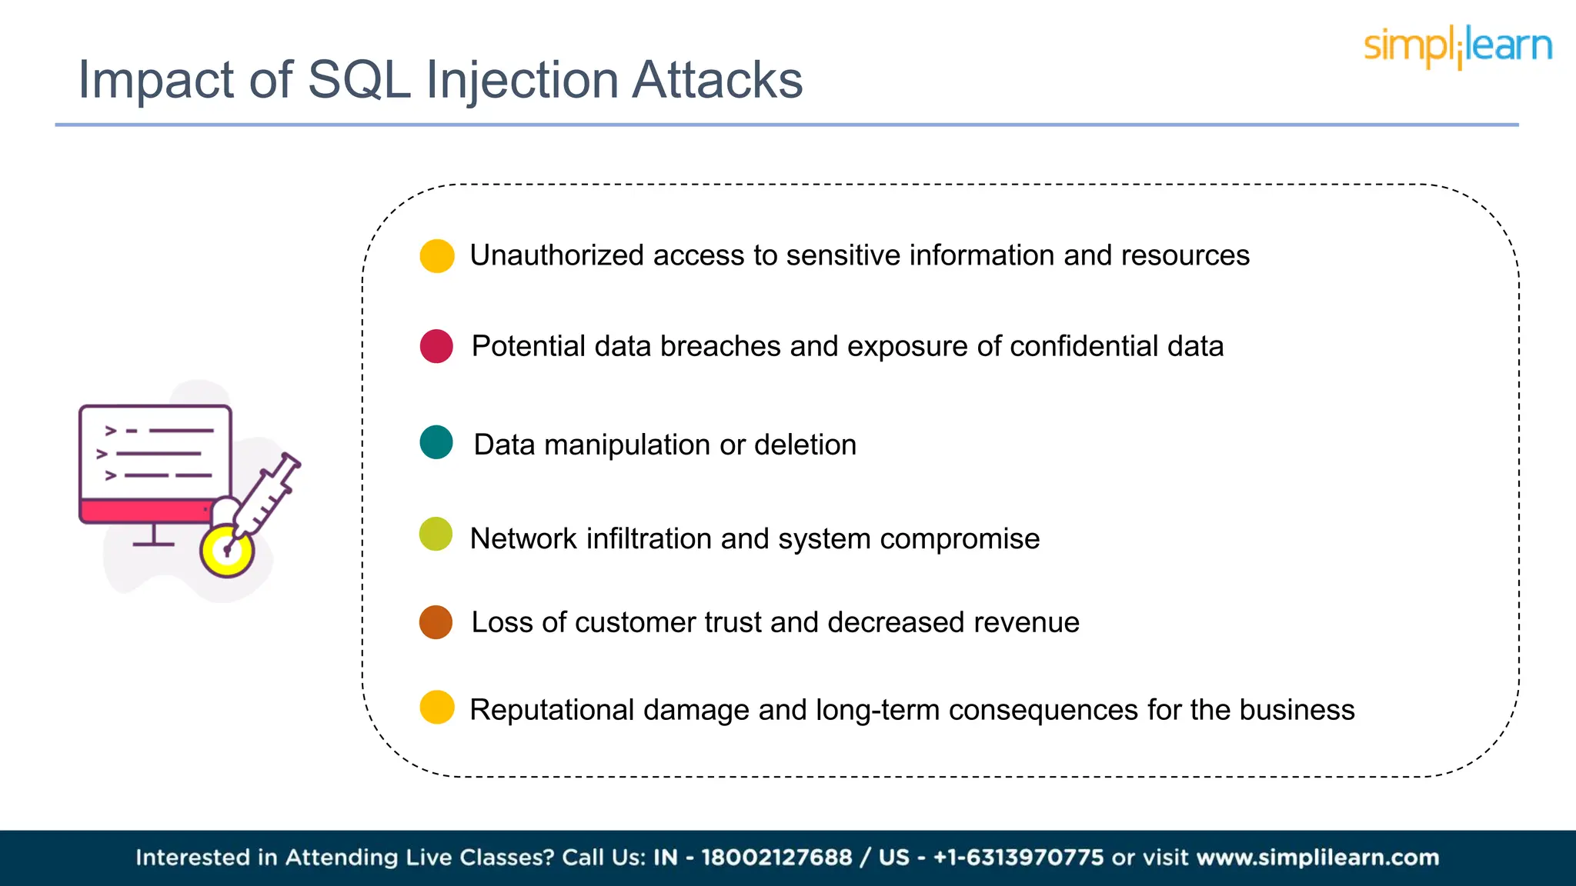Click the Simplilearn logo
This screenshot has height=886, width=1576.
(x=1457, y=46)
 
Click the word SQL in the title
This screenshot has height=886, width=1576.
(x=359, y=80)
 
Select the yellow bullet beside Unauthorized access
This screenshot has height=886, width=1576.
(x=436, y=256)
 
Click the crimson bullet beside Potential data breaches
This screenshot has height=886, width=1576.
(x=436, y=346)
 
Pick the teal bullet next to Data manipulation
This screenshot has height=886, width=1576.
(x=436, y=442)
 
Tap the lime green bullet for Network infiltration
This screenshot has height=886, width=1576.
(x=436, y=535)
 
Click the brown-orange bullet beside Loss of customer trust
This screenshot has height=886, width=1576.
(x=436, y=622)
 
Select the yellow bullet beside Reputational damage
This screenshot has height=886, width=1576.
(x=436, y=708)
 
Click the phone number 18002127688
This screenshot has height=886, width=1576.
(x=776, y=858)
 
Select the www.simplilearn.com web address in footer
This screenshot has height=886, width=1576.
(x=1317, y=858)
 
